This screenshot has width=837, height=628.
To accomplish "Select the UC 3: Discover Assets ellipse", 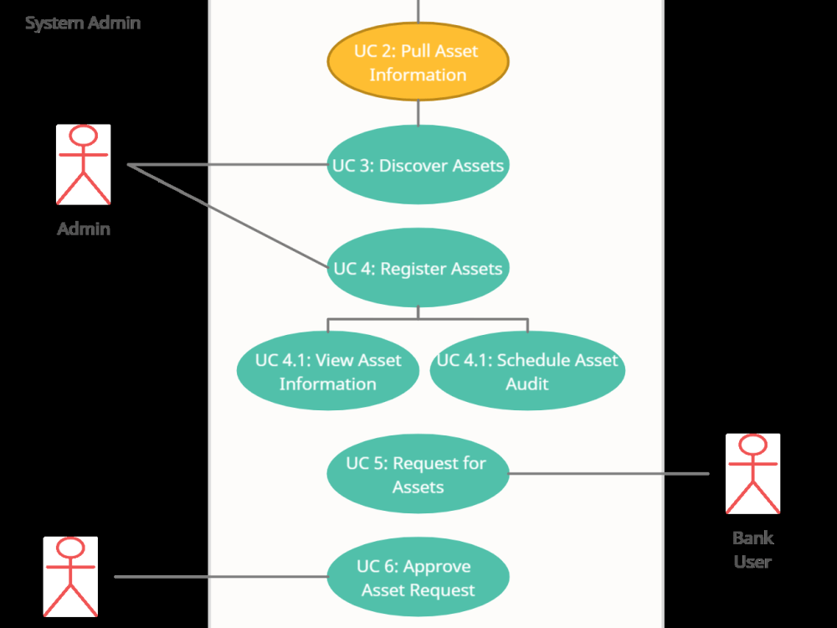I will tap(418, 165).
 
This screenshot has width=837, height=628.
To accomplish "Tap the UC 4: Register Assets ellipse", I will tap(418, 269).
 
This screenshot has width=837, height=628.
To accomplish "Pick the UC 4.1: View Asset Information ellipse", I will tap(327, 372).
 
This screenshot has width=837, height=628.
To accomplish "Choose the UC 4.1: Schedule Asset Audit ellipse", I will tap(527, 372).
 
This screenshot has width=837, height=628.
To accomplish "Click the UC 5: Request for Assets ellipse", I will tap(418, 474).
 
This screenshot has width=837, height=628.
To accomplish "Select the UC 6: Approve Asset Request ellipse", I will tap(418, 578).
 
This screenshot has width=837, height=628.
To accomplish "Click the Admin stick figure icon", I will tap(83, 165).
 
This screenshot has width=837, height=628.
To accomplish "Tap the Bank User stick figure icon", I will tap(752, 474).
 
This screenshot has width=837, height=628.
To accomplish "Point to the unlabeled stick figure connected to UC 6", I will tap(70, 578).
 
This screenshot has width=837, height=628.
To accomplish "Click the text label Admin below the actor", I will tap(83, 228).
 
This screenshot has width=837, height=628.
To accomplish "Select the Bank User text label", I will tap(752, 549).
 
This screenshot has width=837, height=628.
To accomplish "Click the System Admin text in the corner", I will tap(83, 23).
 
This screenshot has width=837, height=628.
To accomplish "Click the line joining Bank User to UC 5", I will tap(609, 474).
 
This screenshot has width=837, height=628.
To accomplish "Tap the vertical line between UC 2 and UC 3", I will tap(418, 112).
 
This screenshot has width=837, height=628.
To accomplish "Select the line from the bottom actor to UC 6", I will tap(221, 577).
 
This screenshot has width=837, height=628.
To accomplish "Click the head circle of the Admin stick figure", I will tap(83, 136).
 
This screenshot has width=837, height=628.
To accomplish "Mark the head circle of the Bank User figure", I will tap(752, 445).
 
